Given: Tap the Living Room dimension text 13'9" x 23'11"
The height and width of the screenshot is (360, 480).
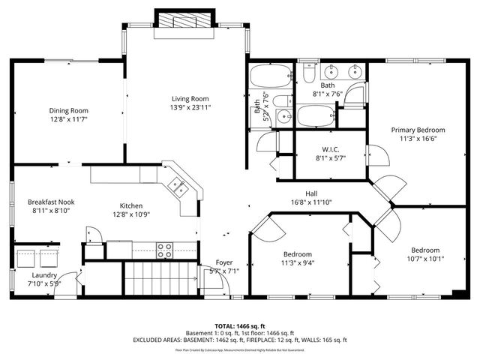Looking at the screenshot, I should tap(190, 107).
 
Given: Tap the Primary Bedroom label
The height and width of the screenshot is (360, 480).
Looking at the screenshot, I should tap(418, 129).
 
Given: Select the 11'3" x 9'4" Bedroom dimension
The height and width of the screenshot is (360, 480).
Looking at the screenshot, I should tap(298, 262).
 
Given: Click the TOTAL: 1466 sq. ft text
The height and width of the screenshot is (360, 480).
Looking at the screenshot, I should tap(240, 326).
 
